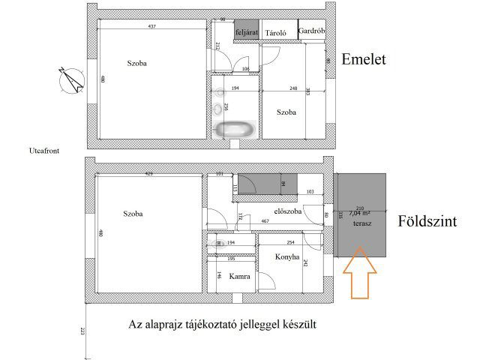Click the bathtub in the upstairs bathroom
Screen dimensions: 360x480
pos(235,129)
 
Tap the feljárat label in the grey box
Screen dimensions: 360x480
pos(247,32)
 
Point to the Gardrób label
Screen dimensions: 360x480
pos(310,31)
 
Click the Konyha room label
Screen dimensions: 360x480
pos(287,257)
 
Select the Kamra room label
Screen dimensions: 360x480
pos(239,275)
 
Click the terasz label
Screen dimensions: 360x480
pos(362,223)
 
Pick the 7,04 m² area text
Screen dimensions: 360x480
pos(361,214)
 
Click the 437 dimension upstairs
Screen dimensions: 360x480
pos(151,27)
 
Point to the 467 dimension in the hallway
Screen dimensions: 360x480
pos(265,221)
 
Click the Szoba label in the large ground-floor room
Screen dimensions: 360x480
pos(133,214)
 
